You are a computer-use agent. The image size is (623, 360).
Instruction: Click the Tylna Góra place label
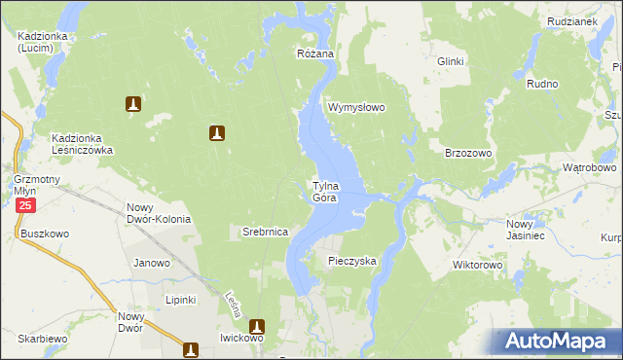tap(325, 192)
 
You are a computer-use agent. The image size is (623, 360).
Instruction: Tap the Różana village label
tap(315, 54)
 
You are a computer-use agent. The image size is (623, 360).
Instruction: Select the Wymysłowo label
tap(357, 107)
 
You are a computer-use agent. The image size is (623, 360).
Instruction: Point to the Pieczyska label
tap(351, 261)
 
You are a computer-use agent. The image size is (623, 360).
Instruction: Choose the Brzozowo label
tap(468, 154)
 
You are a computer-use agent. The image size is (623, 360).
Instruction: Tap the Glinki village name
tap(451, 61)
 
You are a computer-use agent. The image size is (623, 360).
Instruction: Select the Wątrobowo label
tap(590, 167)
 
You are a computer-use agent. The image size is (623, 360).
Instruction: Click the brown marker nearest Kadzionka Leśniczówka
tap(133, 103)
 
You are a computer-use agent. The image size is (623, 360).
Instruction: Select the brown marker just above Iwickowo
tap(258, 327)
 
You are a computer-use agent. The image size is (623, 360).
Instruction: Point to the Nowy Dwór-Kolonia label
tap(159, 213)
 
